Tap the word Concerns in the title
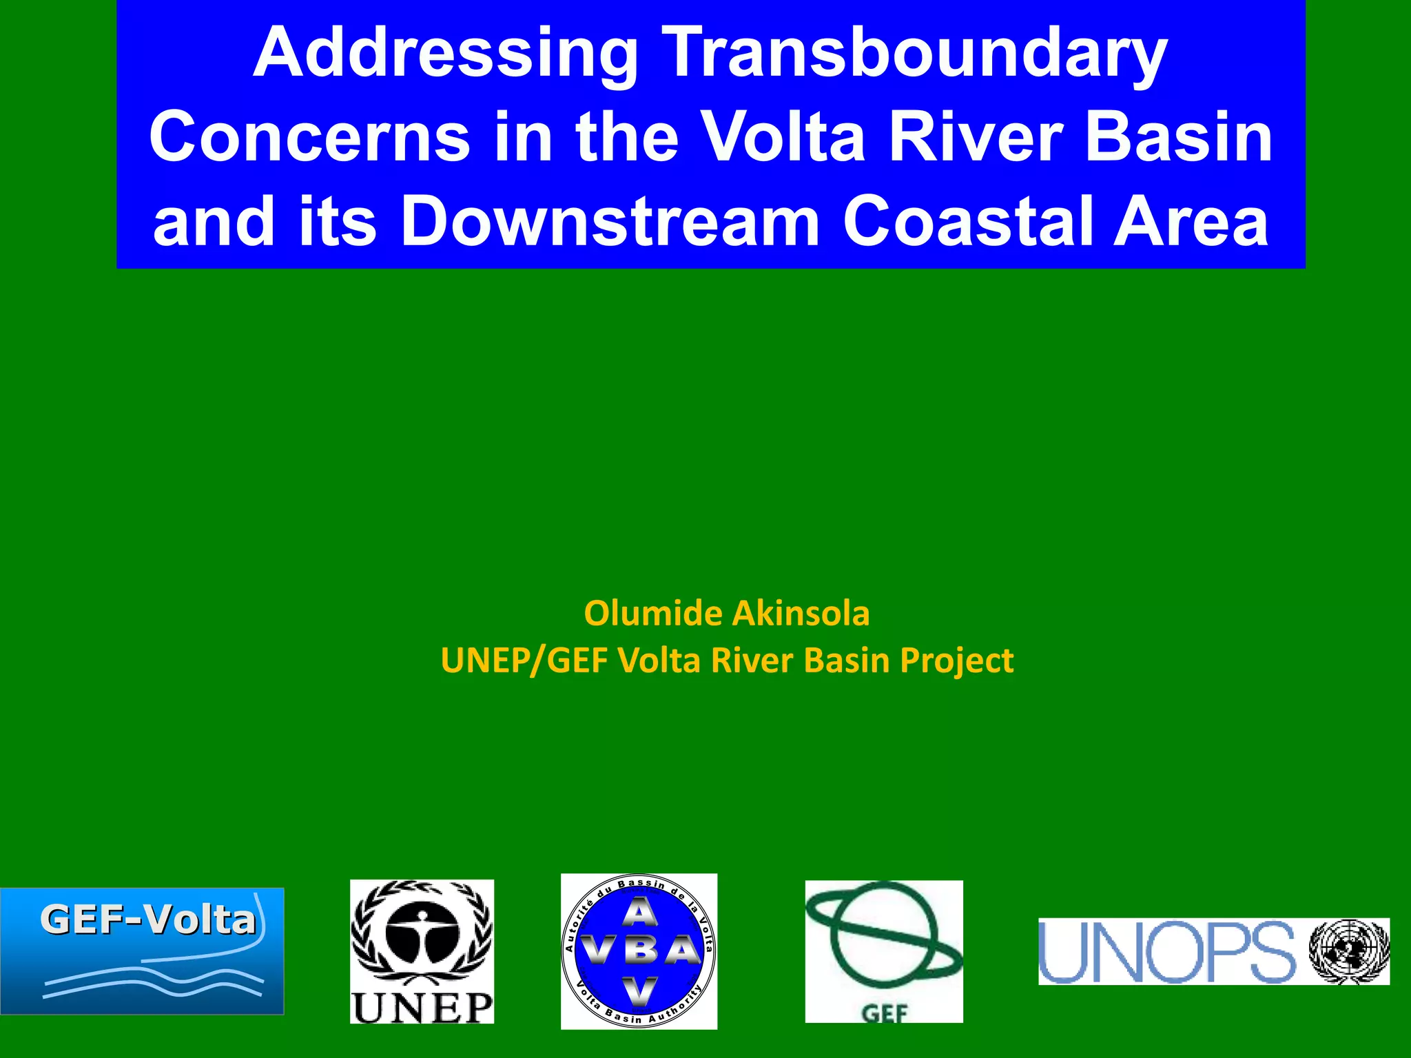(310, 138)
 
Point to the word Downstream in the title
(610, 222)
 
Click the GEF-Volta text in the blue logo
(147, 920)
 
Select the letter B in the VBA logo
(640, 951)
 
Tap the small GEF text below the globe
(885, 1013)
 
